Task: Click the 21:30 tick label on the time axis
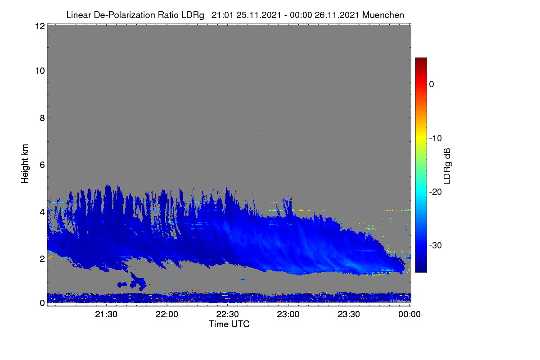coord(106,315)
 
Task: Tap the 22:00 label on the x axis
coord(167,315)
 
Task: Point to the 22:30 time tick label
coord(227,315)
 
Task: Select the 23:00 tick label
coord(288,315)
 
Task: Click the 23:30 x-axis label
coord(349,315)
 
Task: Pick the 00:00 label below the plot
coord(409,315)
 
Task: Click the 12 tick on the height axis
coord(40,26)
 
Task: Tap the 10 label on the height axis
coord(40,71)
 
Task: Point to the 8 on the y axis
coord(42,118)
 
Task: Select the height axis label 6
coord(42,165)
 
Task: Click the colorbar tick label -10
coord(436,139)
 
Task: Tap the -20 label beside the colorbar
coord(436,192)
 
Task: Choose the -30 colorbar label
coord(436,245)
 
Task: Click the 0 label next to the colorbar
coord(432,85)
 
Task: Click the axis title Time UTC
coord(229,324)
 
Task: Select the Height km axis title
coord(25,164)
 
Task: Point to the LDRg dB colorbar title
coord(447,166)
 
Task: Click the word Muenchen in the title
coord(383,15)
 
